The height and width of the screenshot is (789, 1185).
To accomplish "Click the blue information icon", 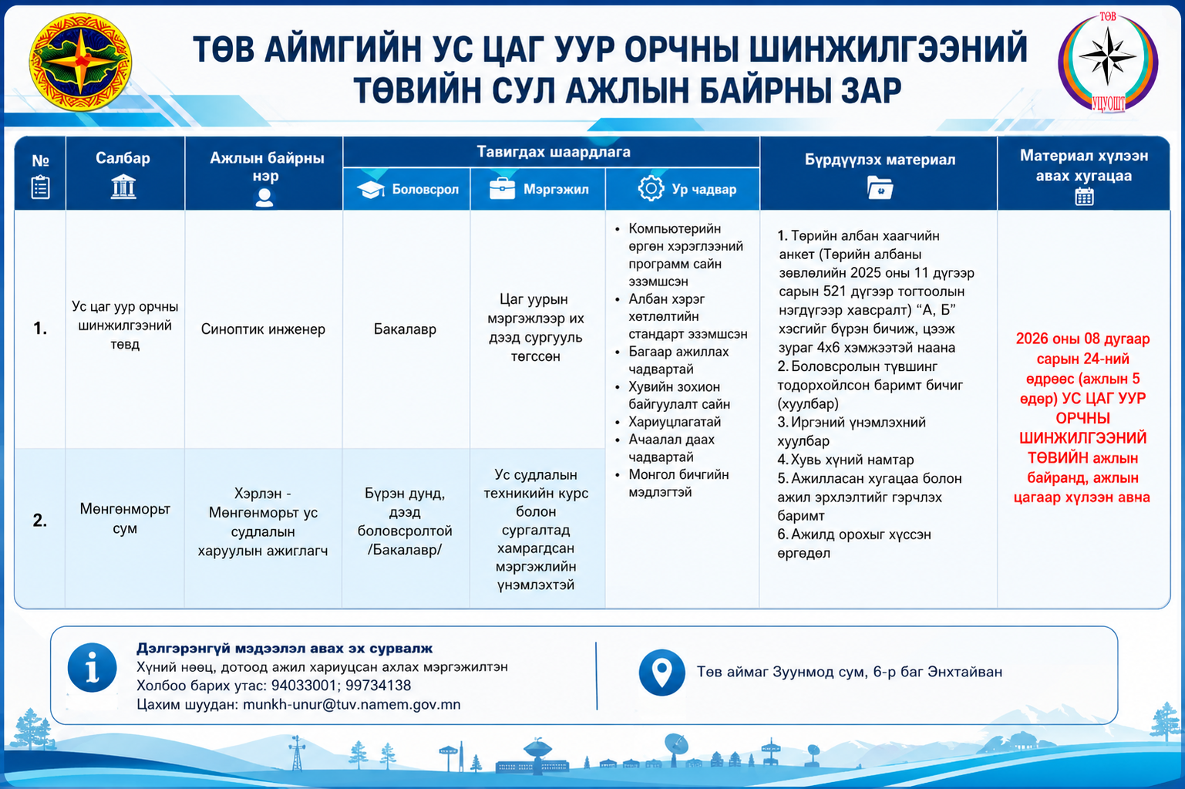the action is coord(92,668).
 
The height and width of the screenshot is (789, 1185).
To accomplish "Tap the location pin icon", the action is coord(662,672).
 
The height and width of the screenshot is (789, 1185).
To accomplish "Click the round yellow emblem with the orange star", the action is coord(80,62).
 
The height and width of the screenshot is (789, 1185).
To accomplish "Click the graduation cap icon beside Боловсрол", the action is coord(370,189).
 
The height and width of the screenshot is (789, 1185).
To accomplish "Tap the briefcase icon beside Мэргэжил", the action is coord(502,189).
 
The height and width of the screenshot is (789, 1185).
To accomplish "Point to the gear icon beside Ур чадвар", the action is coord(651,188).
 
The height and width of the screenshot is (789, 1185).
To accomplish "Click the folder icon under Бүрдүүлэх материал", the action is coord(880,187).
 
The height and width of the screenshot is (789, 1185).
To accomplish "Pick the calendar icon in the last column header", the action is coord(1084,197).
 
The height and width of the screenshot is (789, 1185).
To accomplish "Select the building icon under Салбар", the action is coord(123,187).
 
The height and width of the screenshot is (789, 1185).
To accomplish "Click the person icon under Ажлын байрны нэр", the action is coord(264,197).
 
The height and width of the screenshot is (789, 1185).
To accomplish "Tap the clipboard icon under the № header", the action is coord(41,187).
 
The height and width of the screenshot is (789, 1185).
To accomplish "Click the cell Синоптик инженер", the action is coord(263,329).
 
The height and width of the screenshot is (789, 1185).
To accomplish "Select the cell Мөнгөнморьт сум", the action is coord(125,518).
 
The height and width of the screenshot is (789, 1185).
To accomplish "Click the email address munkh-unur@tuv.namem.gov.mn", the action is coord(352,704).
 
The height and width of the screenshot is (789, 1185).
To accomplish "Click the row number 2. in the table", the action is coord(40,520).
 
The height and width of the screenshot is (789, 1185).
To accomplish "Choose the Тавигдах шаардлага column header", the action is coord(554,152).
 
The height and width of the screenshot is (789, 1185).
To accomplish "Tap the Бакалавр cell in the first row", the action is coord(406,329).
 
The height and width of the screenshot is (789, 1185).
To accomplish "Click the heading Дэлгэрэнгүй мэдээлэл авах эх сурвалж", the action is coord(284,648).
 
